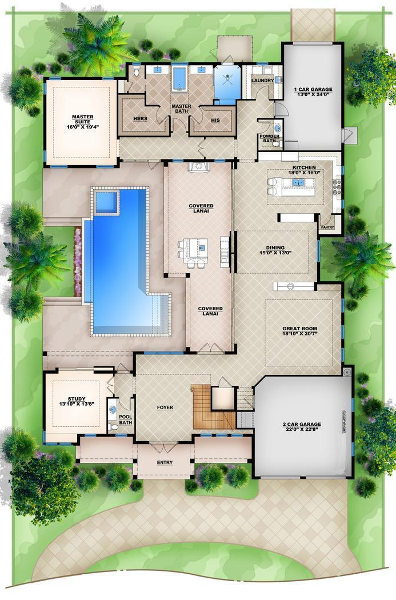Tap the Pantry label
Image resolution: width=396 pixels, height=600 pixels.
(327, 227)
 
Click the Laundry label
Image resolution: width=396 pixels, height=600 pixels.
(262, 81)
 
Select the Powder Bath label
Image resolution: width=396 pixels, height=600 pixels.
(270, 138)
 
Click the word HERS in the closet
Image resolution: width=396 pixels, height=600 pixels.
(140, 118)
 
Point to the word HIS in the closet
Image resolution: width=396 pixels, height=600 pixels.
(215, 120)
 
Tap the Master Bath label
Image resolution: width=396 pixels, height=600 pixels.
(181, 109)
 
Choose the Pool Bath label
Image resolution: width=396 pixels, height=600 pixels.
(125, 419)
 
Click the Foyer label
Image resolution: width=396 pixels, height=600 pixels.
(165, 407)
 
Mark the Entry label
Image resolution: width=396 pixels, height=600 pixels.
(165, 462)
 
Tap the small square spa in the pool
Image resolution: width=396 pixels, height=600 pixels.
(106, 201)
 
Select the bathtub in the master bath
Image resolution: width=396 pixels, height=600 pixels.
(180, 78)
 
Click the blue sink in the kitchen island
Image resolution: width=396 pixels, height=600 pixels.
(298, 183)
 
